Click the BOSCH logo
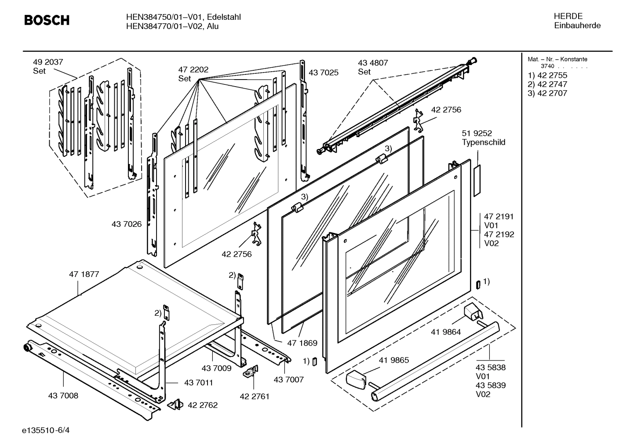47,20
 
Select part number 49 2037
48,62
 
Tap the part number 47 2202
193,69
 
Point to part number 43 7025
324,73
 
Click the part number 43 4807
373,63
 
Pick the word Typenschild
483,142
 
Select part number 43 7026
127,224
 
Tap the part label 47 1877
84,274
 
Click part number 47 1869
302,343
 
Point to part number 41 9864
446,332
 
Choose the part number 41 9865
394,360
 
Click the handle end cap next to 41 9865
356,379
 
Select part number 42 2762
203,405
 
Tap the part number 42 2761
255,396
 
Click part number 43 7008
63,396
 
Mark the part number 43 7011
199,382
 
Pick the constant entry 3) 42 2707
547,93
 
